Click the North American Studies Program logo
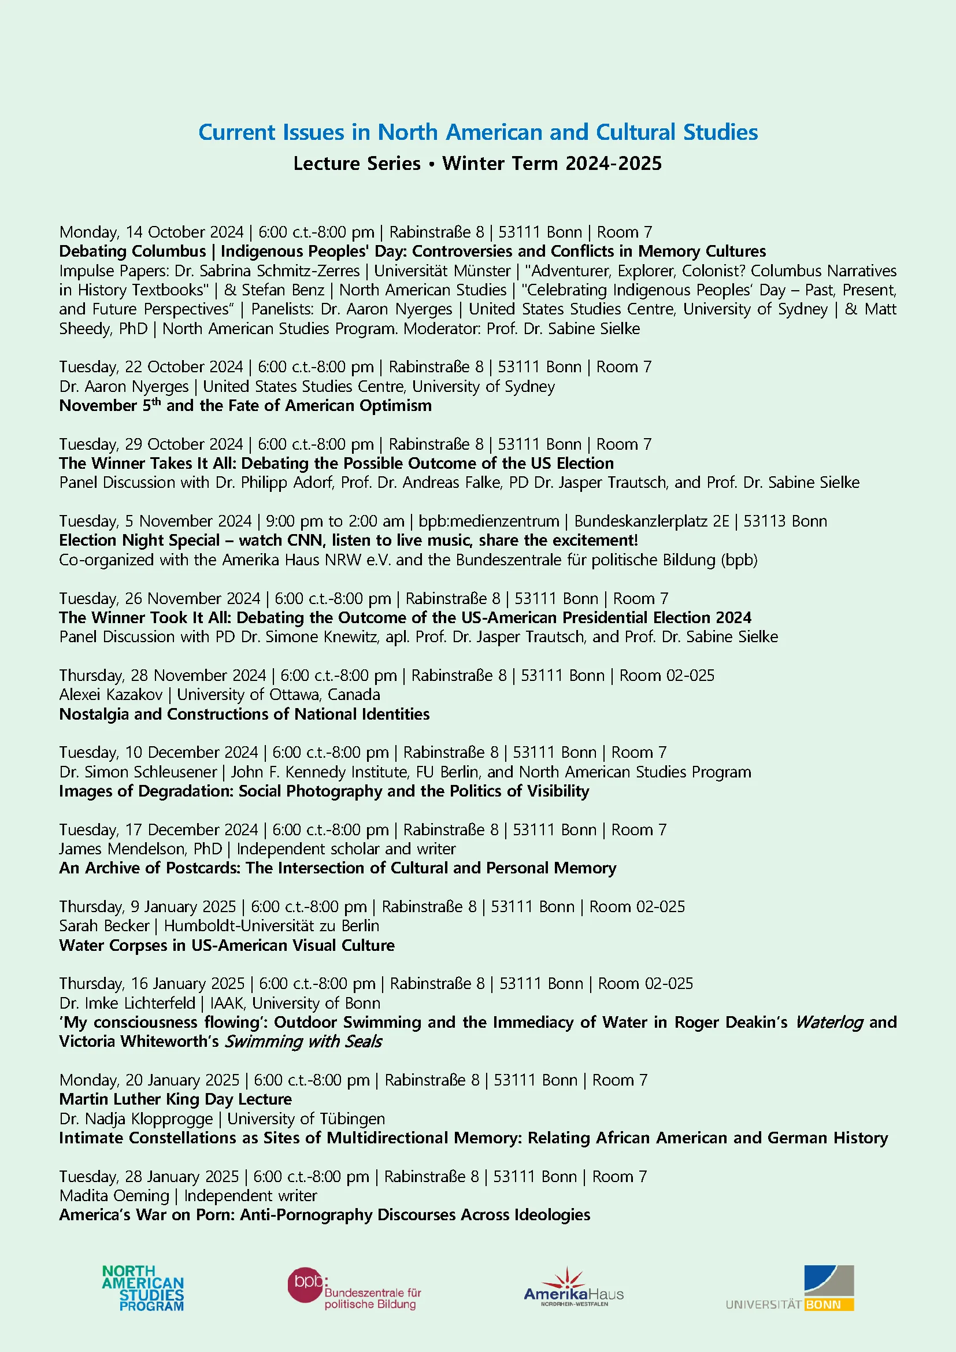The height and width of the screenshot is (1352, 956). coord(143,1288)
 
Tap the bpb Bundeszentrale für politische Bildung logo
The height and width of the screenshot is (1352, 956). coord(354,1289)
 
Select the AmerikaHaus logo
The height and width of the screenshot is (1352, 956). coord(573,1288)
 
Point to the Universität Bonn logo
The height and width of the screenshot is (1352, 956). coord(790,1288)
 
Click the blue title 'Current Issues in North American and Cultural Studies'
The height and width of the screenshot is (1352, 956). coord(477,132)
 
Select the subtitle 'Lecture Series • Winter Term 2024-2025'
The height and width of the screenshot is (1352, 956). coord(477,164)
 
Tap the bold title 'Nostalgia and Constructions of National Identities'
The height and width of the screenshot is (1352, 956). coord(244,714)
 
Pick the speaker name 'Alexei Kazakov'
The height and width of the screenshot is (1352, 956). coord(110,695)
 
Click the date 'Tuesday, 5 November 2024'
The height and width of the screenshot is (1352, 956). coord(155,521)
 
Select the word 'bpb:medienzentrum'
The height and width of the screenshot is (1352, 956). coord(488,521)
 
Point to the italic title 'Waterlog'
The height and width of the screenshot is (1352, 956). coord(829,1023)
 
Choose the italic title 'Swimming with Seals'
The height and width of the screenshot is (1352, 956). coord(303,1042)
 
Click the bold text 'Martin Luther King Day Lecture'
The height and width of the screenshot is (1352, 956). coord(176,1099)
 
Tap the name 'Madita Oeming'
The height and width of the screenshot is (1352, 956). coord(114,1196)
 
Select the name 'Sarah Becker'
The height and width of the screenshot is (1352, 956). coord(104,925)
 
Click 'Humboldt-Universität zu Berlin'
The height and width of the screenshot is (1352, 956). coord(272,925)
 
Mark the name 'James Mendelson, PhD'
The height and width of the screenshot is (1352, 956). coord(140,849)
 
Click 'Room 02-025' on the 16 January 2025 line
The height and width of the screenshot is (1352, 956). coord(645,984)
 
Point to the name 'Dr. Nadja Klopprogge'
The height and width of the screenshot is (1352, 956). coord(136,1119)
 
